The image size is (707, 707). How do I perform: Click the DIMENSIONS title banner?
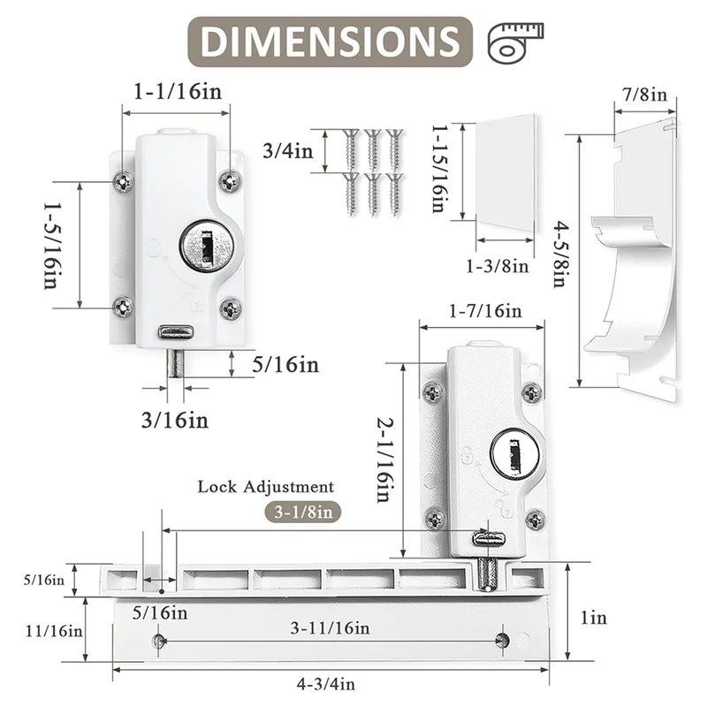pos(330,42)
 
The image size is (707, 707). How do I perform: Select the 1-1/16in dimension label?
pos(178,92)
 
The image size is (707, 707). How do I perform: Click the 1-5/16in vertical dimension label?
pos(54,246)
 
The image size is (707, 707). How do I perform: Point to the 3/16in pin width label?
pos(175,421)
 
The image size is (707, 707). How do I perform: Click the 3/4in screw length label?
pos(288,150)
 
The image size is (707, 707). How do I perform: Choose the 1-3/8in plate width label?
pos(497,267)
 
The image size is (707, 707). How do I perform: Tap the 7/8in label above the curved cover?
pos(644,95)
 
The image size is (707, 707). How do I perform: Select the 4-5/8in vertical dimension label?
pos(560,254)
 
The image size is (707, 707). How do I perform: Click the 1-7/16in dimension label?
pos(485,311)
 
